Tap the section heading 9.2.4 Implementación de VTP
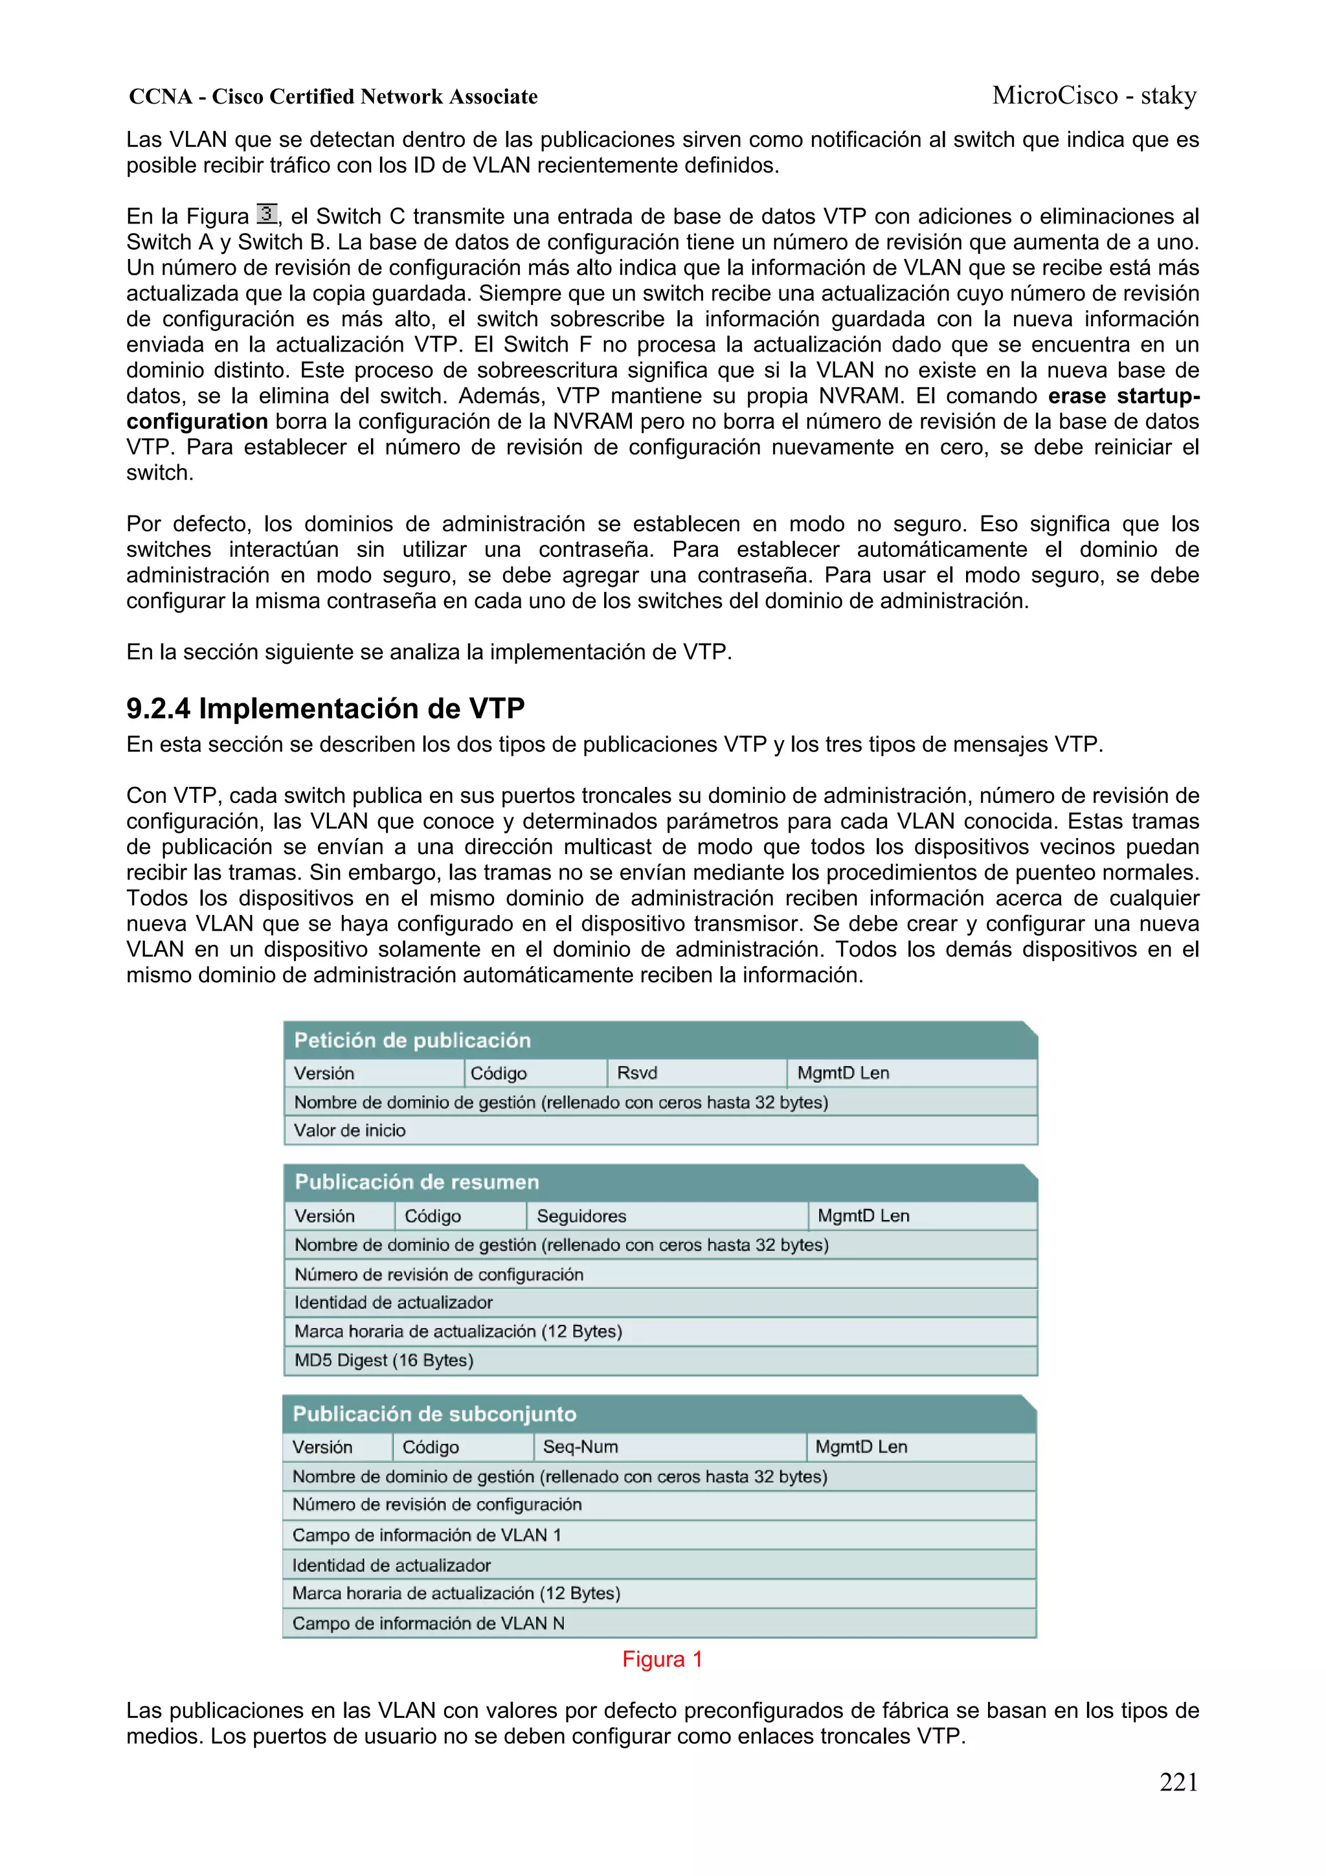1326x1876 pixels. pos(325,708)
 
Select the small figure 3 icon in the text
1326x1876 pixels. pos(266,214)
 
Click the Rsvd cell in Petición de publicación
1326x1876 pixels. pos(636,1073)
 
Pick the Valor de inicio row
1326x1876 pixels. pos(350,1131)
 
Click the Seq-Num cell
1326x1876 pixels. pos(580,1447)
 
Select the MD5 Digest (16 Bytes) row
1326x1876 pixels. pos(384,1361)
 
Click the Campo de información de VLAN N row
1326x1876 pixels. pos(428,1623)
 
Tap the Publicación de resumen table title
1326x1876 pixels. pos(417,1182)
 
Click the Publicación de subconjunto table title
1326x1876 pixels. pos(434,1414)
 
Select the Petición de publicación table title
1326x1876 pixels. pos(412,1040)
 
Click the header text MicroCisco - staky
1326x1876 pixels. pos(1094,96)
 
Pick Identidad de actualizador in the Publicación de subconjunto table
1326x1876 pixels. pos(391,1566)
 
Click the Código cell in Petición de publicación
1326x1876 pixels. pos(499,1073)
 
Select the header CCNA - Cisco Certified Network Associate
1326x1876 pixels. pos(333,97)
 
